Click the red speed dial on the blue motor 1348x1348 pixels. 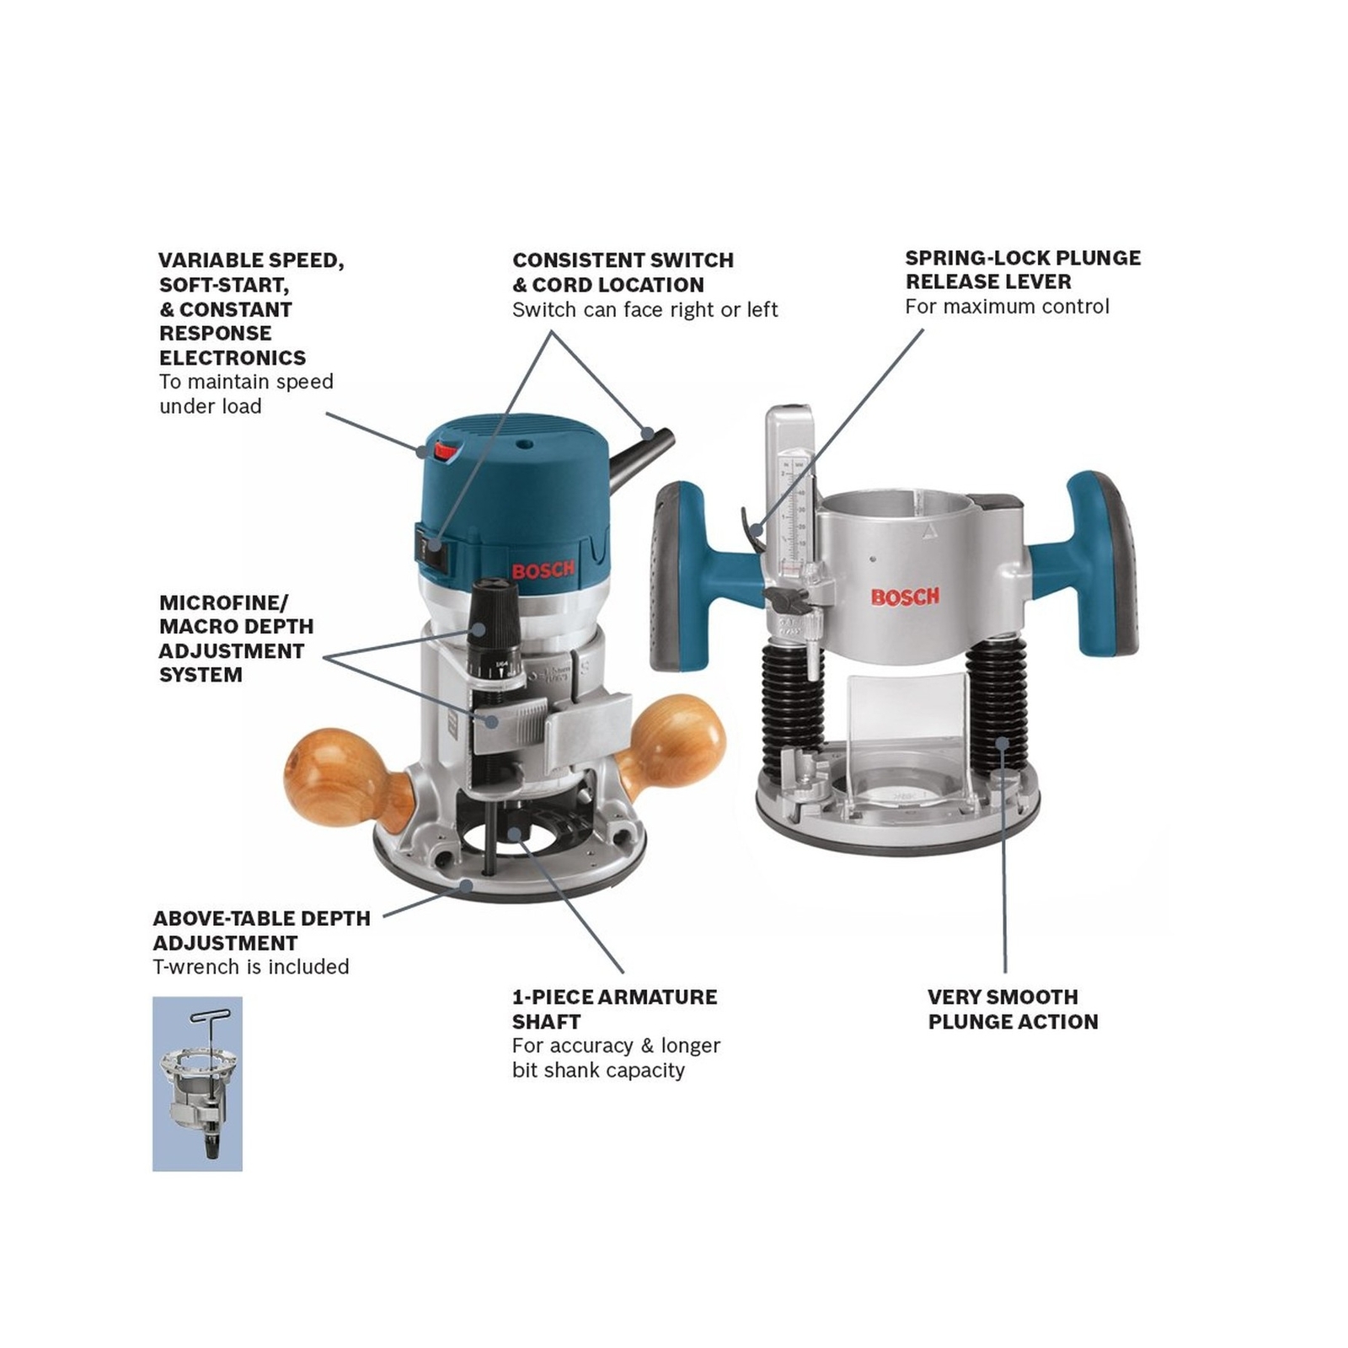[445, 453]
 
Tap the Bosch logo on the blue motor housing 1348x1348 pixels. [543, 570]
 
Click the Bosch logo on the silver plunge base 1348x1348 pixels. [905, 597]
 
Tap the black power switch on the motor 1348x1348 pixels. [433, 546]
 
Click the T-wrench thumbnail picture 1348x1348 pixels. [197, 1083]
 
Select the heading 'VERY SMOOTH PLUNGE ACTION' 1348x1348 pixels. [1013, 1009]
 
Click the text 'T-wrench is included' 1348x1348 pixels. [251, 967]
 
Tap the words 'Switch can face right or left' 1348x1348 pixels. [645, 310]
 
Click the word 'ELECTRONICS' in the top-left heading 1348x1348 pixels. [233, 358]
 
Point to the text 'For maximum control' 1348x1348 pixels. [1007, 307]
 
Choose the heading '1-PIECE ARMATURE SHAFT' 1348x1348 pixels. [614, 1009]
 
